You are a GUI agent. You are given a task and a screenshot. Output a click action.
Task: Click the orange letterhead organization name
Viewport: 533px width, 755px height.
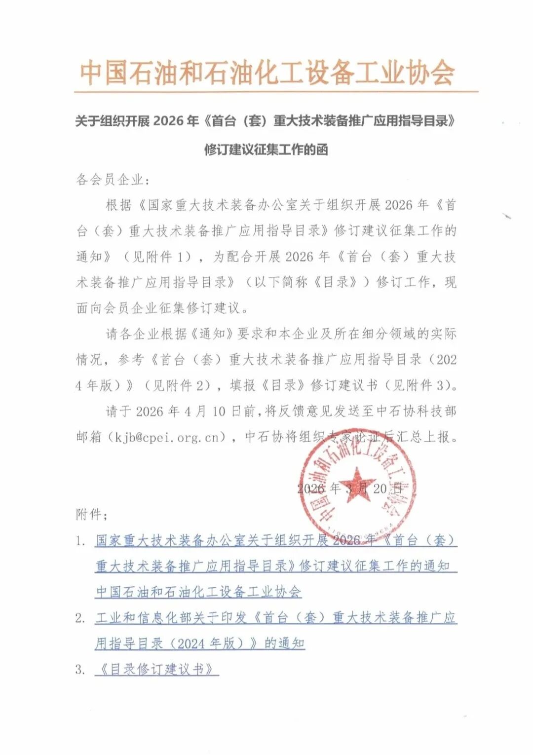pos(266,73)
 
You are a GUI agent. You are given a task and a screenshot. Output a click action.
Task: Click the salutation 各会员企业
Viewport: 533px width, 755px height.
pos(110,180)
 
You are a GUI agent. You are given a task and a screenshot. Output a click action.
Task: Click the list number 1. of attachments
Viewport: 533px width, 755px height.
pos(80,541)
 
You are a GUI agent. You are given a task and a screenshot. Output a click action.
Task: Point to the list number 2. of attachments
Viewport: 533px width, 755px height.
pos(80,618)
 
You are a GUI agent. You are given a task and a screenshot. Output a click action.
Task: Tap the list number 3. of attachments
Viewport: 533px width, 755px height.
pos(80,670)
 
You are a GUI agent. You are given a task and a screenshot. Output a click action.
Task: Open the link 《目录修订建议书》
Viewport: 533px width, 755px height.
pos(156,670)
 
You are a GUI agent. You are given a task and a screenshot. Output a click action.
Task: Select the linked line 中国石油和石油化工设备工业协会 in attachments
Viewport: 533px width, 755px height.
pos(198,592)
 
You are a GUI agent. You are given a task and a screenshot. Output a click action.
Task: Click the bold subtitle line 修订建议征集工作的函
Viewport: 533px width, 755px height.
pos(266,150)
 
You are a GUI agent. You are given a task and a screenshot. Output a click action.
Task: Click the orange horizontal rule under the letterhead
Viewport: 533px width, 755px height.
pos(276,92)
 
